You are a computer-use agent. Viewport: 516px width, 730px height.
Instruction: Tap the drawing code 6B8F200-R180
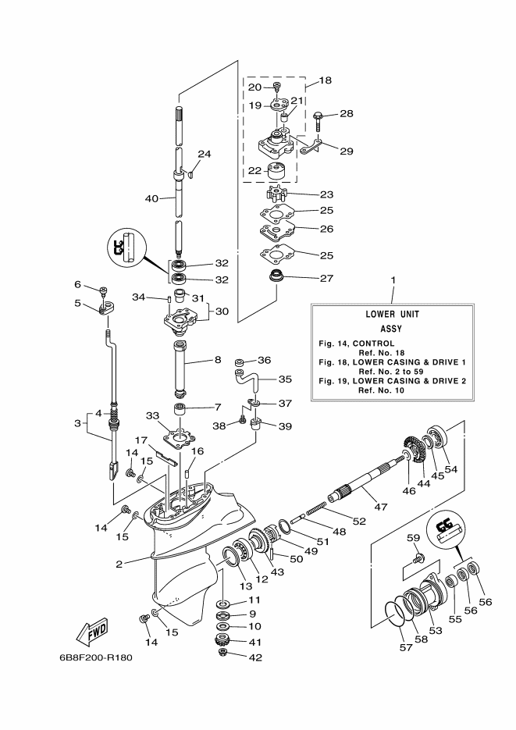[95, 658]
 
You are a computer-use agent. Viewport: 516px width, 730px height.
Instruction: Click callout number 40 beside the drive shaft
[151, 199]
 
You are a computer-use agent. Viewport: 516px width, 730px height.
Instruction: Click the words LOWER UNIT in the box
[392, 315]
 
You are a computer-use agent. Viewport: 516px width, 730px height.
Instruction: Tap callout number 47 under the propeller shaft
[381, 507]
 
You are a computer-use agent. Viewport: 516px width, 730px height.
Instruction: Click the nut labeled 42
[224, 653]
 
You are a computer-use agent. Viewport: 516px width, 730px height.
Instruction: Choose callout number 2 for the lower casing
[119, 564]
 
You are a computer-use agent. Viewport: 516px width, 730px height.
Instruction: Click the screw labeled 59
[420, 557]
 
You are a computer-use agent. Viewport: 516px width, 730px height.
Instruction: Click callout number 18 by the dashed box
[326, 80]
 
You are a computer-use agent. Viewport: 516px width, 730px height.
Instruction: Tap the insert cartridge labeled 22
[276, 171]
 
